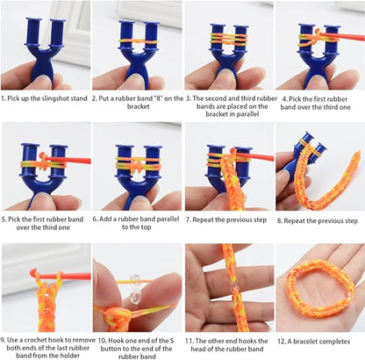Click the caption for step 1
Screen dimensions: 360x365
(x=45, y=98)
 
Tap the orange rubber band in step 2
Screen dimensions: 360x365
(x=137, y=39)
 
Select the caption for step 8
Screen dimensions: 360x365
(x=319, y=220)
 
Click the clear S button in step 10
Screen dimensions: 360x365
(x=137, y=286)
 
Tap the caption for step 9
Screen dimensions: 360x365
(x=45, y=346)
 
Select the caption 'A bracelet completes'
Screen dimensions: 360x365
(x=319, y=341)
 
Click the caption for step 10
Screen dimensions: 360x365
(x=137, y=346)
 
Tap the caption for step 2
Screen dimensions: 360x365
(x=137, y=104)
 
